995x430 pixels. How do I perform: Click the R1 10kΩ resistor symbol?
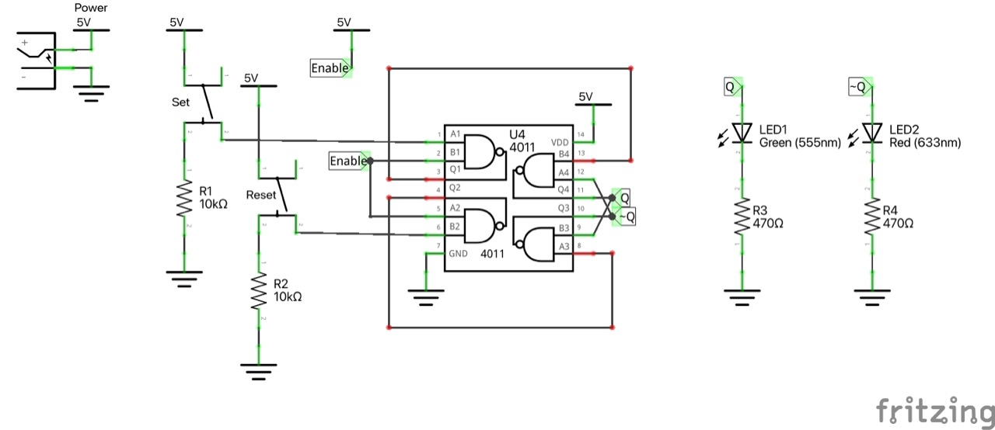click(x=184, y=199)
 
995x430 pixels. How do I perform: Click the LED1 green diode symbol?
click(x=743, y=133)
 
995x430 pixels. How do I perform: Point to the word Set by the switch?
click(x=180, y=102)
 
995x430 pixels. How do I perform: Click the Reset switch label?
click(x=261, y=194)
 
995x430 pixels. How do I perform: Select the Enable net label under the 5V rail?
click(x=330, y=68)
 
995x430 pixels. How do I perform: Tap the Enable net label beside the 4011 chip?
click(x=348, y=161)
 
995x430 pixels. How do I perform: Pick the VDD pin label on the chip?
click(x=560, y=143)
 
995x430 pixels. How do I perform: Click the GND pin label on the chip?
click(x=458, y=254)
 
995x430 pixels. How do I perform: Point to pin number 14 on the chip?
click(x=580, y=135)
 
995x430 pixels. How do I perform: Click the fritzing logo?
click(x=934, y=411)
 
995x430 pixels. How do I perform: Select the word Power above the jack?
click(x=91, y=9)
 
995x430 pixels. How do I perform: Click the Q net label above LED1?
click(x=731, y=88)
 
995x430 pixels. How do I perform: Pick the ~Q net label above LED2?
click(x=857, y=88)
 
